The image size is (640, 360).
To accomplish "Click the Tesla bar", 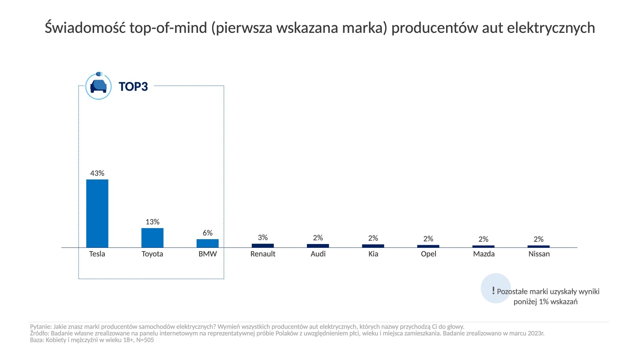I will [x=97, y=213].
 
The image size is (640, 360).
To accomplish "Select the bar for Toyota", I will [x=152, y=238].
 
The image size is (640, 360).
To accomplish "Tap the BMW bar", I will [x=208, y=243].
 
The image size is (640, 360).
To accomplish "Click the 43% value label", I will [x=97, y=173].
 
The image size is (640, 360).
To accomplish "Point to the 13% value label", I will [x=152, y=222].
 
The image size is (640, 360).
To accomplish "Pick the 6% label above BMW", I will [x=208, y=233].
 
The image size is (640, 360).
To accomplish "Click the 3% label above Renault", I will [x=263, y=238].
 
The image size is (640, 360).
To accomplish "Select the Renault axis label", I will [x=263, y=254].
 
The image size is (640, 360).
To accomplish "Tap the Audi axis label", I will [x=318, y=254].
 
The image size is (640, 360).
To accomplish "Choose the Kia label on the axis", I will [x=373, y=254].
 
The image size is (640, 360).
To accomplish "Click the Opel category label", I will [x=428, y=254].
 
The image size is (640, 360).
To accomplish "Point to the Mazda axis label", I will [x=483, y=254].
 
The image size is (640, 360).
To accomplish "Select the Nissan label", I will [x=539, y=254].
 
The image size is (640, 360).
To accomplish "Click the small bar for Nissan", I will [x=539, y=246].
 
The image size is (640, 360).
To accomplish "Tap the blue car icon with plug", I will [x=99, y=86].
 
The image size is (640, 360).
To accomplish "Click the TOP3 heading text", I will [x=133, y=87].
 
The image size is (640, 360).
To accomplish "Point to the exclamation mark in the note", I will [x=493, y=290].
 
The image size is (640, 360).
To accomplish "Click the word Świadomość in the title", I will [x=85, y=28].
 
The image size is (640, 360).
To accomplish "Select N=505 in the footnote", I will [x=145, y=340].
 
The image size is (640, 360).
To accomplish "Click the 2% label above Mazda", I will [x=483, y=239].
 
